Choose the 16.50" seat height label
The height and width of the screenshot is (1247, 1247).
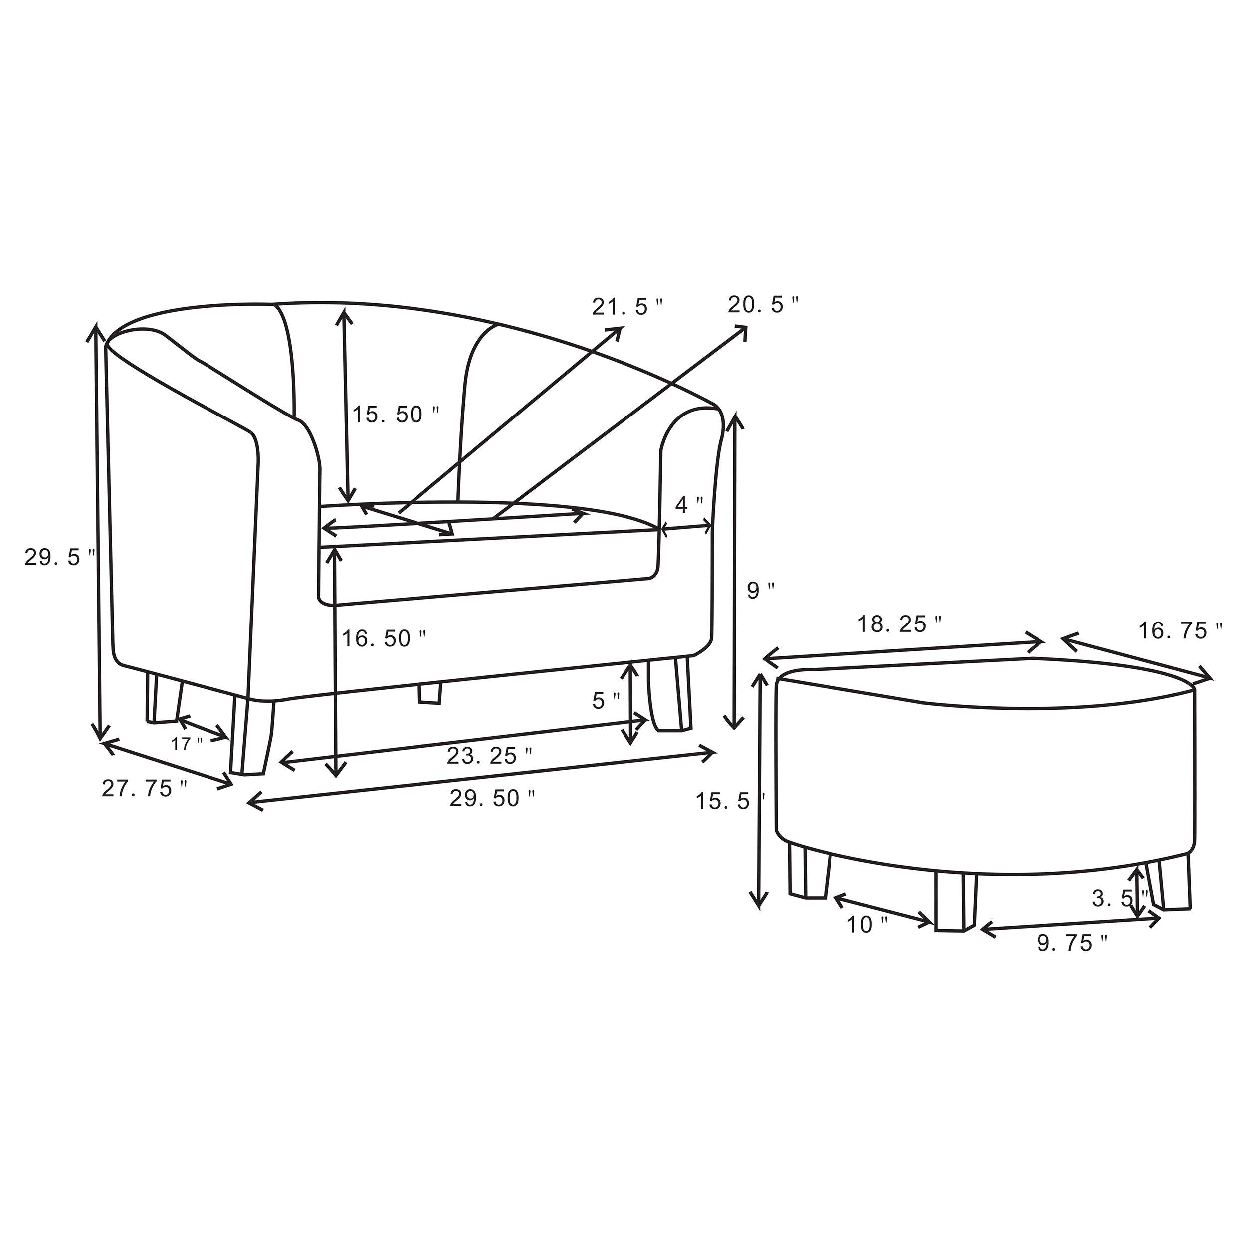pyautogui.click(x=384, y=638)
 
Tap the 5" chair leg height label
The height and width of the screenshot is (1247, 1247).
pyautogui.click(x=606, y=700)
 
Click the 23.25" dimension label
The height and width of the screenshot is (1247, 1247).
pyautogui.click(x=490, y=755)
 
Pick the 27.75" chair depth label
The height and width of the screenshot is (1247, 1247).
pyautogui.click(x=145, y=788)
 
